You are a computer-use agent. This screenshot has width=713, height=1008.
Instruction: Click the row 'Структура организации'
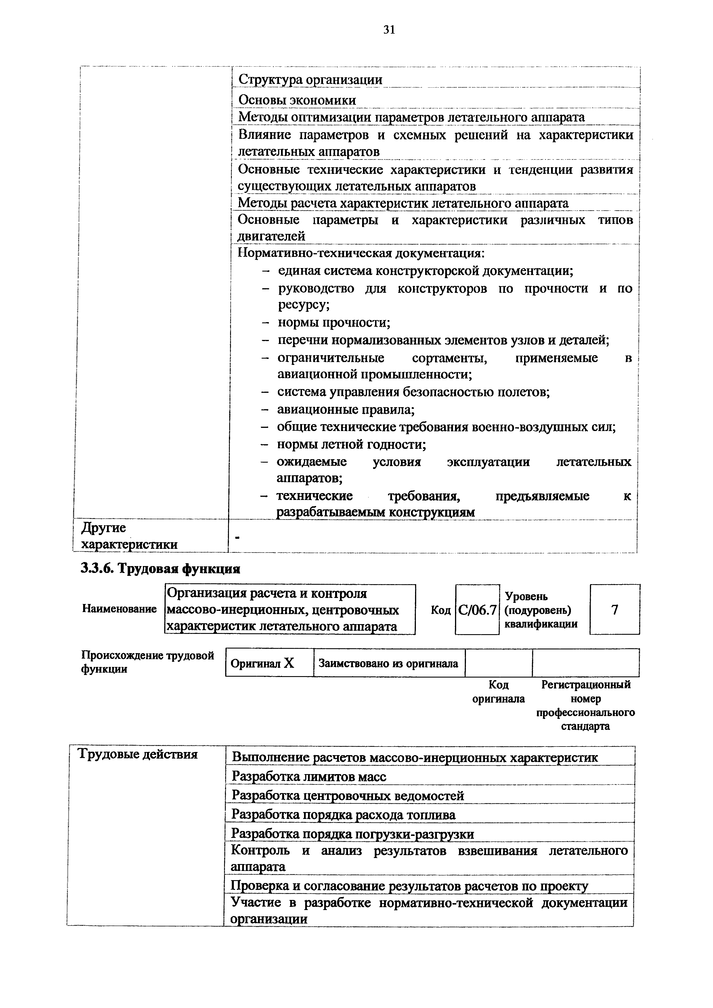point(310,80)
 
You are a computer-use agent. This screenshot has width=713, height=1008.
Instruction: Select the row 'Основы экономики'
point(297,100)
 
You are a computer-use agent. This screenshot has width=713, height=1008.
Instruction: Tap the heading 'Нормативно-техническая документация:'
point(361,253)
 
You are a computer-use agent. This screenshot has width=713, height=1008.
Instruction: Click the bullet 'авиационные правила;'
point(346,410)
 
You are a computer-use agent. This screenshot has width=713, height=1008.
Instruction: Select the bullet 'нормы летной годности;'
point(351,445)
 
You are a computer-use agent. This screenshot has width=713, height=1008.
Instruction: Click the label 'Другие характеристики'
point(130,536)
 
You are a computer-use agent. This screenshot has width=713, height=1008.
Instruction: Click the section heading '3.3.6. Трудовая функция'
point(160,569)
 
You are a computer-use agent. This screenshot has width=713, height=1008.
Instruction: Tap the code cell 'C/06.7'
point(477,610)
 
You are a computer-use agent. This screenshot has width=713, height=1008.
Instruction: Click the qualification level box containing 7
point(615,609)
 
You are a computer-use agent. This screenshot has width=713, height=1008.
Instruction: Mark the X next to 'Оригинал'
point(289,663)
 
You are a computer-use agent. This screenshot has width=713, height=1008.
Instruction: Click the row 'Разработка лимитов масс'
point(309,777)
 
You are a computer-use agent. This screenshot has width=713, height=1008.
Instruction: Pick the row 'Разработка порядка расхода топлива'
point(343,815)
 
